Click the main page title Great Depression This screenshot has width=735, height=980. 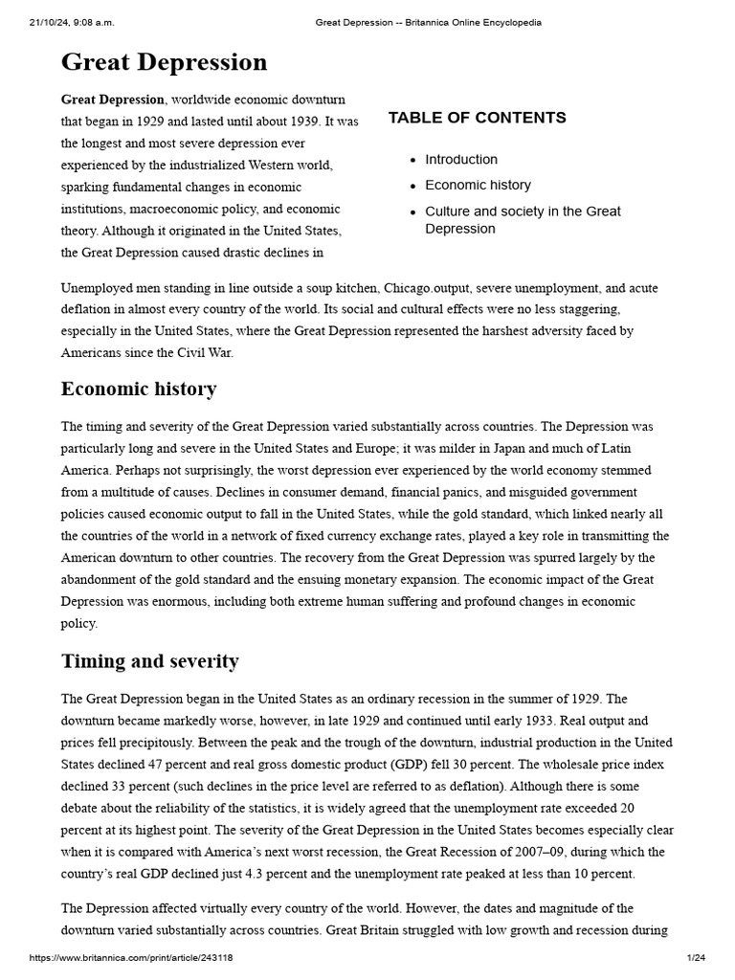pyautogui.click(x=164, y=63)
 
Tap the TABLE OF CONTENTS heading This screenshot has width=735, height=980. pyautogui.click(x=477, y=118)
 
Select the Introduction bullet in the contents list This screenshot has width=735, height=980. pyautogui.click(x=461, y=160)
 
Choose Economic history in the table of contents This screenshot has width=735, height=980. pyautogui.click(x=478, y=186)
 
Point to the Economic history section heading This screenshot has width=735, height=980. pyautogui.click(x=139, y=390)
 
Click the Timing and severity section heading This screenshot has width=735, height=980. pyautogui.click(x=150, y=661)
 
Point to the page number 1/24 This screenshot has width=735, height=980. pyautogui.click(x=696, y=958)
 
